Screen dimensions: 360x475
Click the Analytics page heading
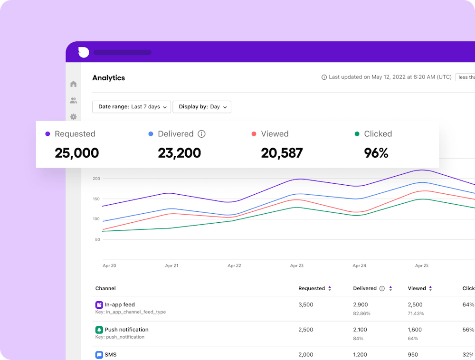point(108,78)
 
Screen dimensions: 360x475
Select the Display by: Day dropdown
point(202,107)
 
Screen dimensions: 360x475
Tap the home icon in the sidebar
point(73,84)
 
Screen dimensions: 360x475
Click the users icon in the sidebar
point(73,101)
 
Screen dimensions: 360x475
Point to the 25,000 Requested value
point(76,153)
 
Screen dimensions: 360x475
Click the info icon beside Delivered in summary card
point(201,134)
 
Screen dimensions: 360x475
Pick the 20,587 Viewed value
point(282,153)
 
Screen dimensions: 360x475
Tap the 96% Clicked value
point(376,153)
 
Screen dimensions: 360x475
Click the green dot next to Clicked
point(357,134)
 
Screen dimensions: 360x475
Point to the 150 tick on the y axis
point(96,199)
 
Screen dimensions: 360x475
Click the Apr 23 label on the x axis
point(296,266)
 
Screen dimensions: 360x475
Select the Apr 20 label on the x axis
point(109,266)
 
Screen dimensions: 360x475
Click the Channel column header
point(105,288)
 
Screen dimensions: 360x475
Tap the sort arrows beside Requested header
point(330,288)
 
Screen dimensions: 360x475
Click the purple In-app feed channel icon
point(99,305)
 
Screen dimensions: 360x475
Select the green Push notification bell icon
point(99,330)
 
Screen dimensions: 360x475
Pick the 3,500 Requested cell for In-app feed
point(305,305)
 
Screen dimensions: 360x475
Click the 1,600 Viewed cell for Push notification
point(415,330)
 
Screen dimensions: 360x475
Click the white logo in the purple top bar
point(84,52)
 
